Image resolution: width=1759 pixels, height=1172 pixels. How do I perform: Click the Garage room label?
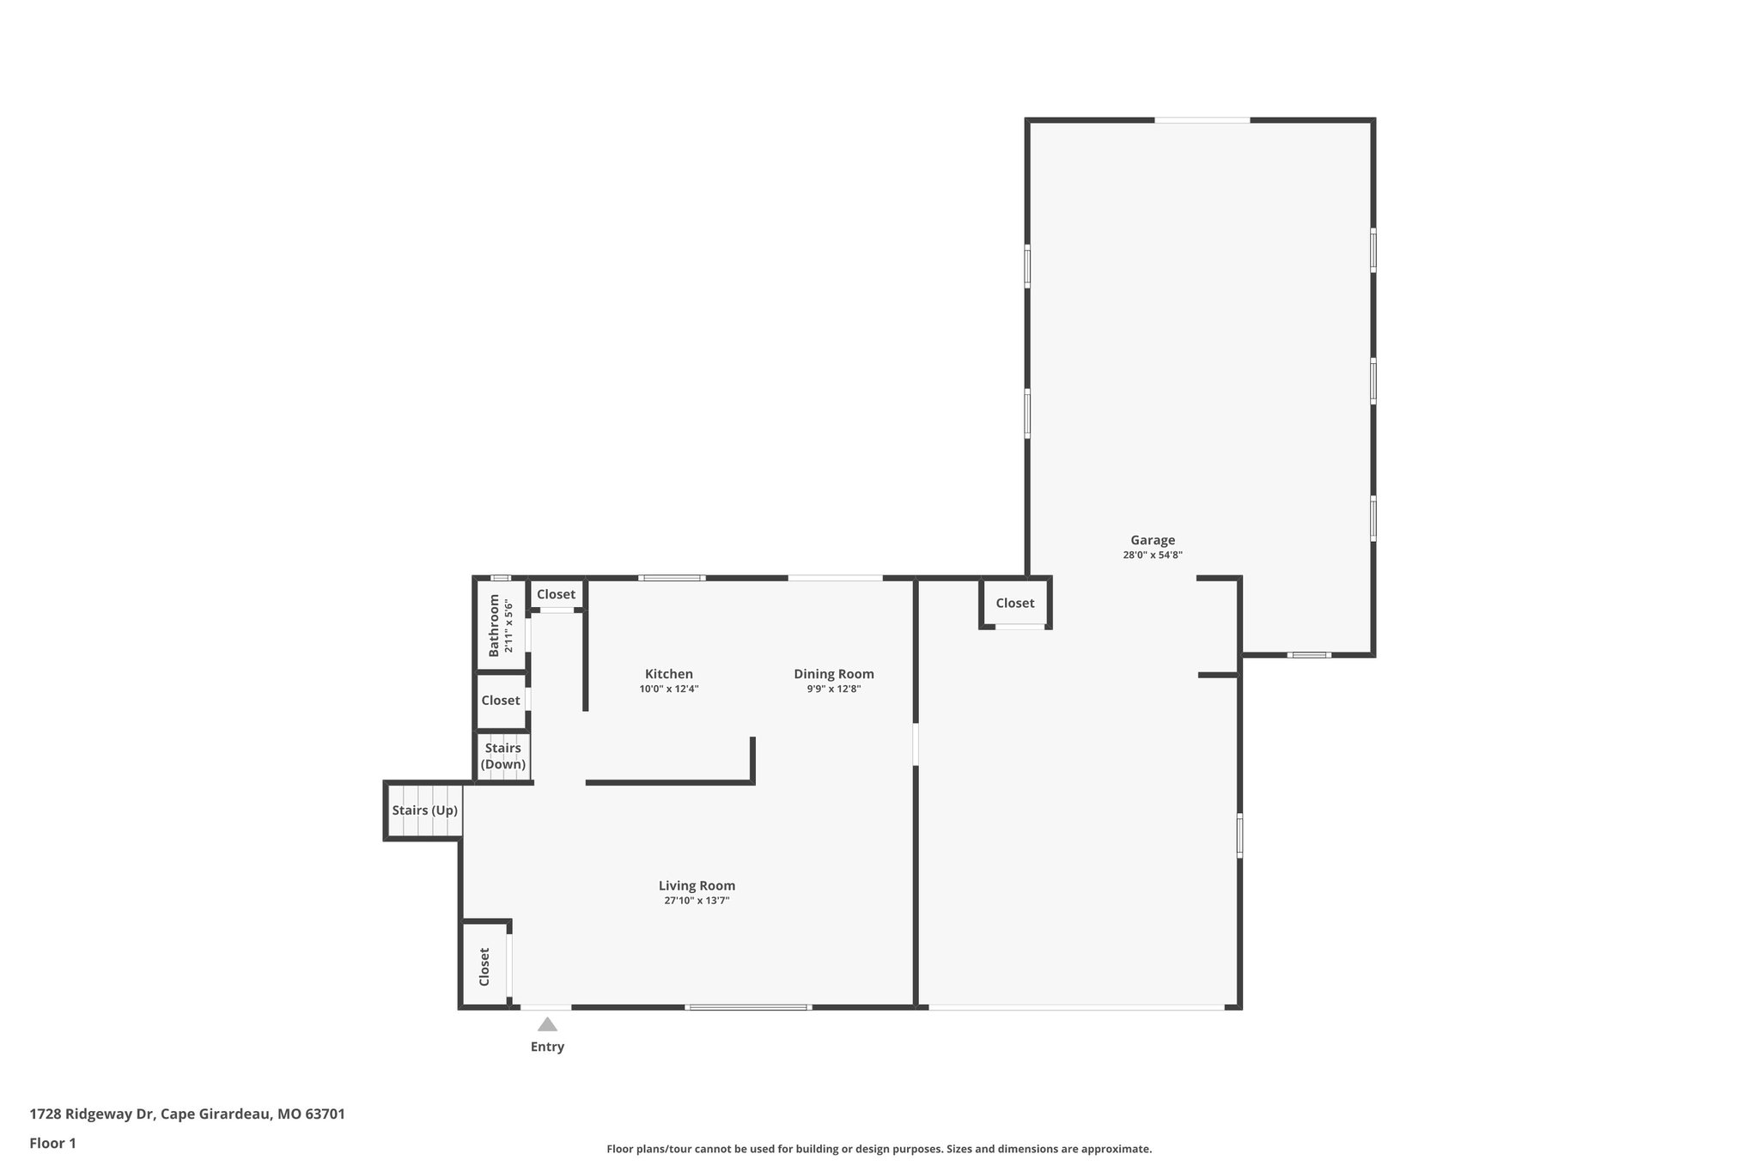pos(1152,540)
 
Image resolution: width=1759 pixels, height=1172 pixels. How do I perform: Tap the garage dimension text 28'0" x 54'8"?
pos(1152,556)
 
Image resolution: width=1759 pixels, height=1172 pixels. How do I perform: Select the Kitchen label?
pos(668,674)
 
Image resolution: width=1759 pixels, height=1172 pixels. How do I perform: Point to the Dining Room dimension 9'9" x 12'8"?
pos(833,689)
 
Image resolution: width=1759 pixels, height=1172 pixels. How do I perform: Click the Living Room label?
pos(697,885)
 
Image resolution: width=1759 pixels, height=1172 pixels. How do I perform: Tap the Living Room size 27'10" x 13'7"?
pos(697,901)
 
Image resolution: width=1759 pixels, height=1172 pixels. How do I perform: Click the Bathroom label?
pos(494,625)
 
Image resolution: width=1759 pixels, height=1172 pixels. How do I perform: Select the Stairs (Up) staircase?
pos(424,811)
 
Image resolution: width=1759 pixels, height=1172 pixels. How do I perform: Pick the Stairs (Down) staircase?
pos(503,756)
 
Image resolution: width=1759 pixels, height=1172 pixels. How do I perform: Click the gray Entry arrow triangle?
pos(547,1024)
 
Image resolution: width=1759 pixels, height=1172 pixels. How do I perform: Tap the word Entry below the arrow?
pos(547,1047)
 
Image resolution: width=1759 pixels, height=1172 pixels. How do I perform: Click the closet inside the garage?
pos(1015,604)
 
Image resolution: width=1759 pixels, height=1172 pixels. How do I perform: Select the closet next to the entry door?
pos(484,966)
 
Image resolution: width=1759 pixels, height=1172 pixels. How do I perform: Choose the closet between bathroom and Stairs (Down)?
pos(501,701)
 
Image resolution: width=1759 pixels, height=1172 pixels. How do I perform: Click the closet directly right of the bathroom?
pos(556,594)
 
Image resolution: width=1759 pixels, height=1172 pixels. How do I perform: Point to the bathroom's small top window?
pos(500,578)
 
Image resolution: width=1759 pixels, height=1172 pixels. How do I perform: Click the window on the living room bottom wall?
pos(747,1007)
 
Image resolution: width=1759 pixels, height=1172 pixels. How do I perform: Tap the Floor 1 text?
pos(53,1143)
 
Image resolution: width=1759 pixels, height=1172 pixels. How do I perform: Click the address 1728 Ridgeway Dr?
pos(92,1114)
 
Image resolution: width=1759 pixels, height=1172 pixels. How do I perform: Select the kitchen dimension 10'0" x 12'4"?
pos(668,689)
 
